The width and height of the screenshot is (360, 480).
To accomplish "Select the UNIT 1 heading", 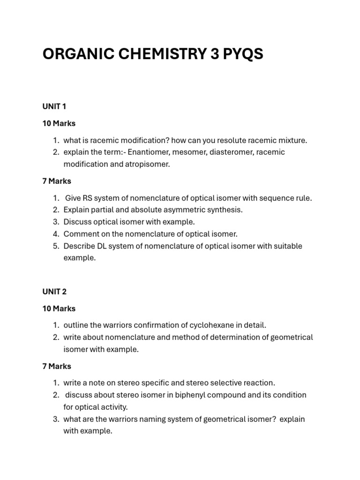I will pos(54,106).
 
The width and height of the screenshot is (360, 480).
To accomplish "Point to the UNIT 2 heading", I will pos(54,292).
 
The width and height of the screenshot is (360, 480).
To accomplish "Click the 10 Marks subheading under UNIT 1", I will pos(59,123).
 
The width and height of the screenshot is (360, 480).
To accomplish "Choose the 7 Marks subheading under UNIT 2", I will pos(57,366).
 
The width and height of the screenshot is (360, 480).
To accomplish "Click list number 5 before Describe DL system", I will pos(55,246).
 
